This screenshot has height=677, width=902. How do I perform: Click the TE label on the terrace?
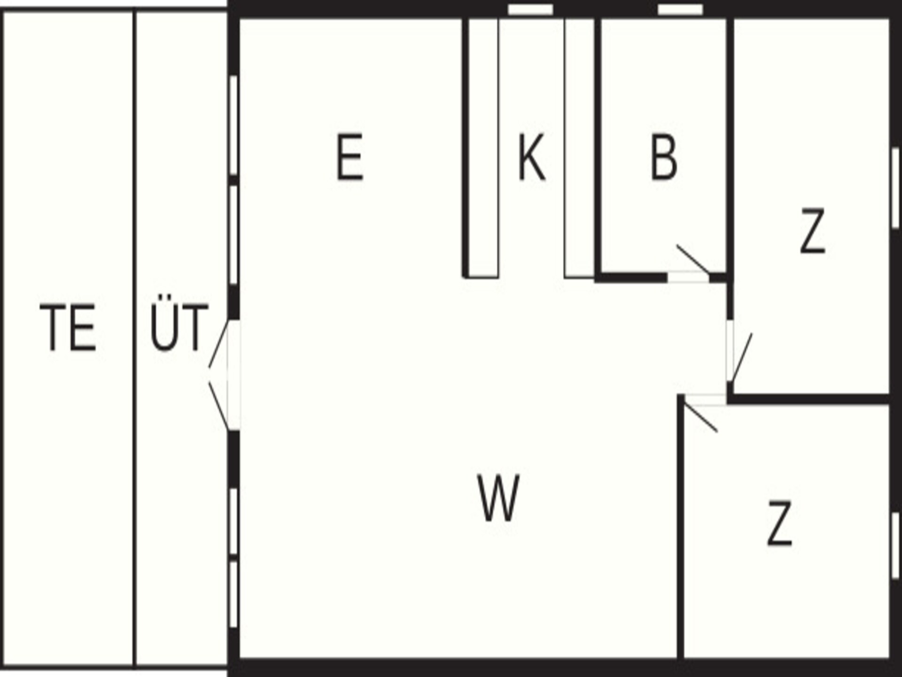[68, 328]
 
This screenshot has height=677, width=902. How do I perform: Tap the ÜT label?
[179, 323]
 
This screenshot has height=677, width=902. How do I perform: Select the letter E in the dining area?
[350, 157]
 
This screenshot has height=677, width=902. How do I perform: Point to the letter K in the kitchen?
[532, 157]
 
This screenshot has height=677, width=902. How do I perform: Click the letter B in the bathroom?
[664, 157]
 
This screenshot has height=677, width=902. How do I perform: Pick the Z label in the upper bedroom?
[812, 231]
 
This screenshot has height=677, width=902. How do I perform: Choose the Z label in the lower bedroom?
[780, 523]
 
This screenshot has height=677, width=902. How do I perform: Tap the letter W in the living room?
[498, 498]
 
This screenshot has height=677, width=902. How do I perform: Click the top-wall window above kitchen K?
[530, 9]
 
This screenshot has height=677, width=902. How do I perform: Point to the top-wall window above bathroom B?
[680, 9]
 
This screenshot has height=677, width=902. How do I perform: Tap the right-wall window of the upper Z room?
[895, 188]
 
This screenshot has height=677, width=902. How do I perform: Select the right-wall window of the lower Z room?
[895, 545]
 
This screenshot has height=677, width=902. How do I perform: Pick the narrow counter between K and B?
[579, 148]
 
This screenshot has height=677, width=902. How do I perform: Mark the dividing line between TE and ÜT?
[135, 338]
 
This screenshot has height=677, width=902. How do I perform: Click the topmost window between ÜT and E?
[233, 126]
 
